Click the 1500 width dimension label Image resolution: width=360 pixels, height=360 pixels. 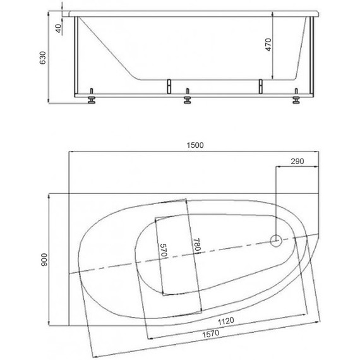[x=195, y=145]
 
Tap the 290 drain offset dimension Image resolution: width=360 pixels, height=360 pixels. [x=297, y=161]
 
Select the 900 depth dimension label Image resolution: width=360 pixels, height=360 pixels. [x=44, y=260]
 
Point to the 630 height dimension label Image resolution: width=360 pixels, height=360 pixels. [x=43, y=57]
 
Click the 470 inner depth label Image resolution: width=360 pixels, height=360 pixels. [x=268, y=45]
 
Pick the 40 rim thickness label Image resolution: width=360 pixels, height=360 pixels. [x=59, y=28]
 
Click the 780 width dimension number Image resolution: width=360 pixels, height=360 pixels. [x=197, y=245]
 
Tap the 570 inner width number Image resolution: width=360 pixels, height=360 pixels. [x=164, y=250]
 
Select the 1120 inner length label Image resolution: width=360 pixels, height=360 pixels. [x=226, y=321]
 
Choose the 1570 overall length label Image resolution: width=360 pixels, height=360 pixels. [x=210, y=333]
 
